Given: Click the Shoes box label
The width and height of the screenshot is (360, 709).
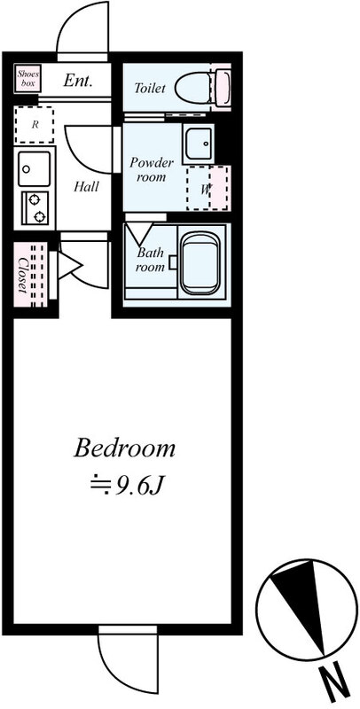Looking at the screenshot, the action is tap(28, 79).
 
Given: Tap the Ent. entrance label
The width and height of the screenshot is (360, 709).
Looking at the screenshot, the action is tap(78, 82).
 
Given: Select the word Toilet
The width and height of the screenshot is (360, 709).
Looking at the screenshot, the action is tap(150, 88).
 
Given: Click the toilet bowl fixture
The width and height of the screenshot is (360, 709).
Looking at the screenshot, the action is tap(202, 86).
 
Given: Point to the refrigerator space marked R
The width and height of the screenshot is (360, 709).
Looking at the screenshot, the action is tap(34, 125).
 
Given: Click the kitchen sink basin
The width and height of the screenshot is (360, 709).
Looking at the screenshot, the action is tap(35, 168).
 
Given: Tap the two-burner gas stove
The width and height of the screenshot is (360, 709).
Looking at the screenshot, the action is tap(35, 207).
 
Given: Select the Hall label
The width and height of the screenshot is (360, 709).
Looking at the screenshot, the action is tap(86, 186).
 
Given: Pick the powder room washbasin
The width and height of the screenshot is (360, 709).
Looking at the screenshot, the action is tap(198, 143).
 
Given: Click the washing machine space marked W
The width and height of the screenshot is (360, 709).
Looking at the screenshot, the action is tap(208, 188).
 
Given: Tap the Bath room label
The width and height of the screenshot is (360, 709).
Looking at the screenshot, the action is tap(150, 260).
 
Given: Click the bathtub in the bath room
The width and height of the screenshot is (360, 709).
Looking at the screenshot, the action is tap(200, 262).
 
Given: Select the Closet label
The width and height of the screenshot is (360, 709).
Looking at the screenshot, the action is tap(21, 275).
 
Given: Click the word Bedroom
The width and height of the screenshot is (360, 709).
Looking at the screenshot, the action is tap(124, 449).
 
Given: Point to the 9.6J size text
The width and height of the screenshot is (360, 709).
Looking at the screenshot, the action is tap(126, 487).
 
